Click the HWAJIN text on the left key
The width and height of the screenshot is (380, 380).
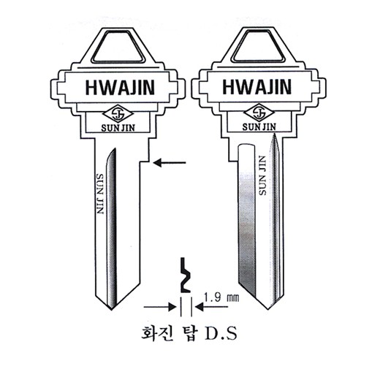tap(120, 88)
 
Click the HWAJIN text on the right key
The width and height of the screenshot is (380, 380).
tap(257, 86)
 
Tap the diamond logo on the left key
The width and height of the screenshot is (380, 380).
tap(118, 114)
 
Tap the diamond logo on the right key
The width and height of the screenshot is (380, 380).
tap(259, 113)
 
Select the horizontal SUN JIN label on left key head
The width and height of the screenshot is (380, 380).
tap(118, 128)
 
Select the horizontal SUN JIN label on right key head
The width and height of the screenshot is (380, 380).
tap(259, 126)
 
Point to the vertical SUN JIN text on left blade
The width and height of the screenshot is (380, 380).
tap(100, 194)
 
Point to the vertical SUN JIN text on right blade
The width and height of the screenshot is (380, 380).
tap(262, 175)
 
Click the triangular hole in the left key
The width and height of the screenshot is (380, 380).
tap(118, 47)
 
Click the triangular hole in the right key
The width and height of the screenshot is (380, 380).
tap(259, 45)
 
